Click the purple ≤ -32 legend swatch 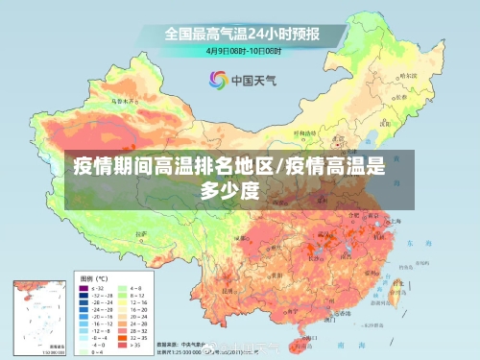pyautogui.click(x=83, y=286)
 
